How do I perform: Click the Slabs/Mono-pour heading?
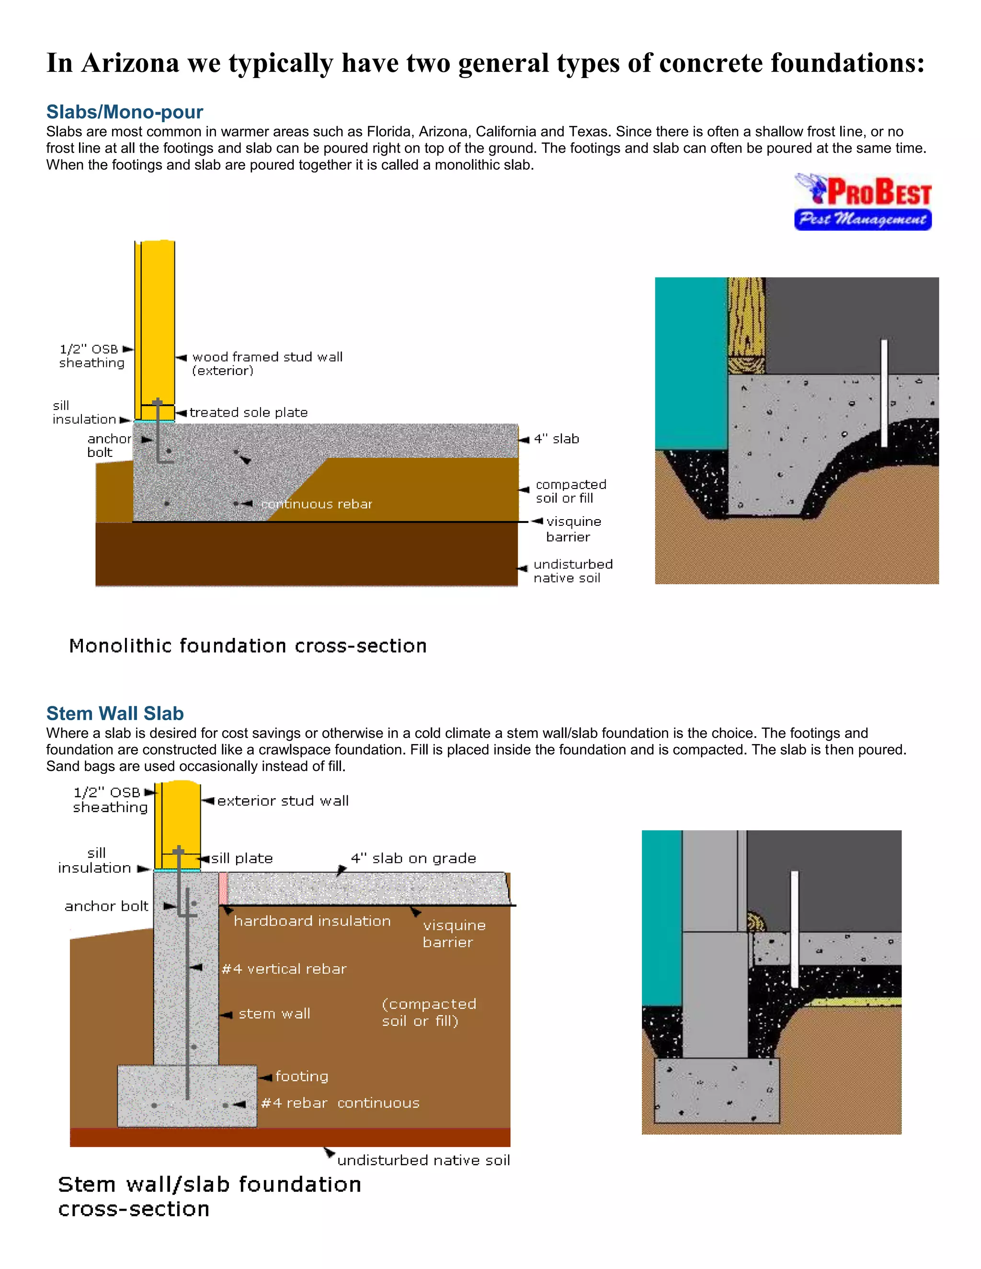click(x=125, y=112)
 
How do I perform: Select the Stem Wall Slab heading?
click(x=114, y=713)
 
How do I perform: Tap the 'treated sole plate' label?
click(x=248, y=412)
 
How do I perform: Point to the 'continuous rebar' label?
click(x=316, y=504)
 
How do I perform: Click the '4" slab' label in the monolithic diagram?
click(x=556, y=439)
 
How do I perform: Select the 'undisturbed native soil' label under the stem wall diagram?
click(x=423, y=1160)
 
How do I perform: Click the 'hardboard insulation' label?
click(x=312, y=921)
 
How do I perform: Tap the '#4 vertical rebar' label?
click(x=284, y=969)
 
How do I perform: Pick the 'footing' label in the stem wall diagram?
click(x=302, y=1076)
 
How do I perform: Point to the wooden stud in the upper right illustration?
click(x=746, y=325)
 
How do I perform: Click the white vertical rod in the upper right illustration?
click(x=883, y=393)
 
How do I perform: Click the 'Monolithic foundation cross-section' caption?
click(x=248, y=646)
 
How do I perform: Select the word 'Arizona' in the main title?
click(x=130, y=63)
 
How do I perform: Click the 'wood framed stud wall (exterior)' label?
click(x=267, y=363)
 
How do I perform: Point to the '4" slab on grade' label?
click(x=413, y=858)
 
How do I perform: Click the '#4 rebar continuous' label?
click(x=340, y=1103)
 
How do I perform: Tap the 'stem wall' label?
click(x=274, y=1013)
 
